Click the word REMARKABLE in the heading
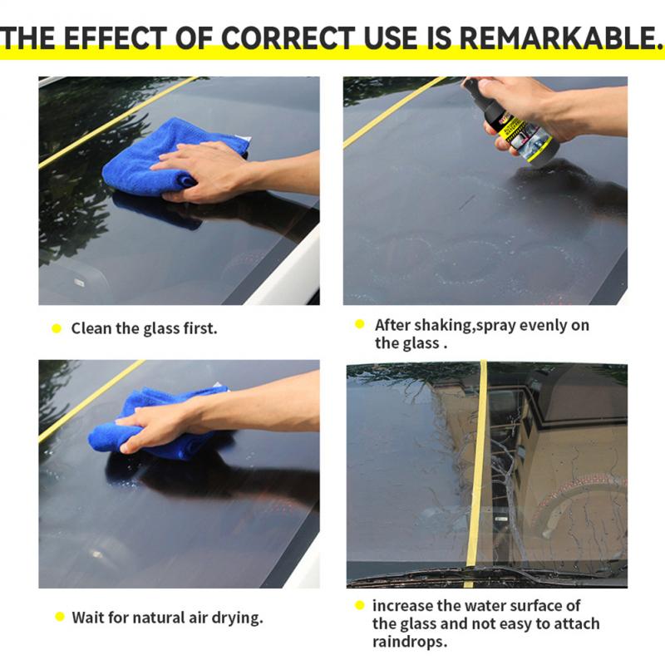click(x=559, y=37)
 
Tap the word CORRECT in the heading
click(x=288, y=37)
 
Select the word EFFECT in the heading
click(x=116, y=37)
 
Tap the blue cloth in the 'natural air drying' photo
click(x=161, y=424)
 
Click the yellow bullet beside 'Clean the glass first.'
click(x=57, y=328)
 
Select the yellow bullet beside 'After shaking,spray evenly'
click(x=360, y=324)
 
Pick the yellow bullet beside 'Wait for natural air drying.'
click(x=60, y=617)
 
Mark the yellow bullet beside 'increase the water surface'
click(x=360, y=606)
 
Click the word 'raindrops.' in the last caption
click(x=410, y=642)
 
